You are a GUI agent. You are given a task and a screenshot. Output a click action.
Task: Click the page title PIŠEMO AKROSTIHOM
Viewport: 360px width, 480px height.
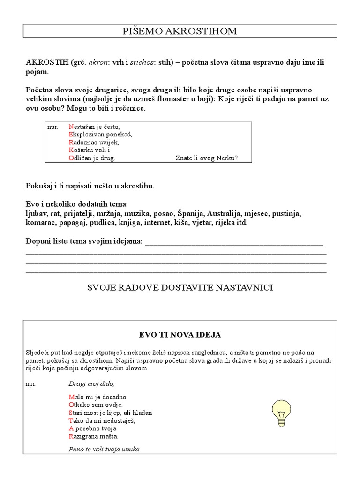tap(180, 31)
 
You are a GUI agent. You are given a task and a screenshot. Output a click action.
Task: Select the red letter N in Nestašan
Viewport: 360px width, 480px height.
tap(71, 127)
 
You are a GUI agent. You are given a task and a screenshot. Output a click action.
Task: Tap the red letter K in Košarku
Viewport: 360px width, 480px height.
tap(71, 150)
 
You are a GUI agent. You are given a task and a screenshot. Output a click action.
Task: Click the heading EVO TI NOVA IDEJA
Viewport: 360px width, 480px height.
tap(180, 335)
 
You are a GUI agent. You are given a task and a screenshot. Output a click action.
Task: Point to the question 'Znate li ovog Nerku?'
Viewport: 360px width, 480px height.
tap(207, 158)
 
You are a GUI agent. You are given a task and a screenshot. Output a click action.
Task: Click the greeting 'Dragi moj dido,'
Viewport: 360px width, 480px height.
tap(91, 383)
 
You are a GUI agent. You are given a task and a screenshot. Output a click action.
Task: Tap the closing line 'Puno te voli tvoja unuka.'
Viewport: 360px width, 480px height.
tap(105, 449)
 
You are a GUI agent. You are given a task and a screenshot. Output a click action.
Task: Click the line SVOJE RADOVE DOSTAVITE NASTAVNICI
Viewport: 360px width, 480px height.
tap(180, 287)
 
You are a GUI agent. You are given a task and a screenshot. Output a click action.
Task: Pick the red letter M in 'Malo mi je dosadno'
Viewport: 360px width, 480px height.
tap(71, 397)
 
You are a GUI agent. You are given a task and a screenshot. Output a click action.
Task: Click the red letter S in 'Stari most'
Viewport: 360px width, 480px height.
tap(71, 413)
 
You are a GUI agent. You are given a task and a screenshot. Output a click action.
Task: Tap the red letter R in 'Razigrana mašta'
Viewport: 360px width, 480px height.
tap(71, 436)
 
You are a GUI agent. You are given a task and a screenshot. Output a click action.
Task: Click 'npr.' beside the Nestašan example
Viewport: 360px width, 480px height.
tap(52, 127)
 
